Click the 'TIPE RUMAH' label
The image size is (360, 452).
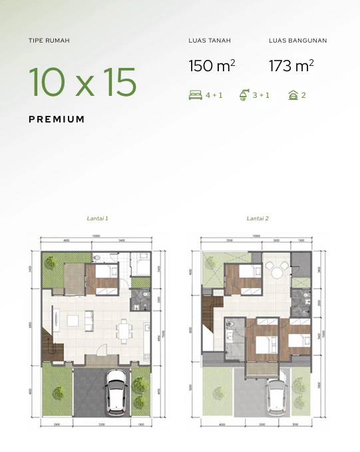coord(49,41)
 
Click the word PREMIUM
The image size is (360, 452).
coord(57,119)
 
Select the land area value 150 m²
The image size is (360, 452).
coord(212,66)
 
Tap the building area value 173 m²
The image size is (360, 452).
coord(291,66)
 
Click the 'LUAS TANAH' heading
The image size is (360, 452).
coord(210,41)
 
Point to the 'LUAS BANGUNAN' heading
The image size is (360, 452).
coord(297,41)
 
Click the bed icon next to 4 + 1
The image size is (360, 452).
coord(196,95)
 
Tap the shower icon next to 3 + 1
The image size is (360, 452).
coord(244,95)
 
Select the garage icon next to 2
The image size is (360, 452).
coord(293,95)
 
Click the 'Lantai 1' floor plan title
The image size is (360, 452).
coord(97,218)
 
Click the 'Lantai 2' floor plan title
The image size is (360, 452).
coord(257,218)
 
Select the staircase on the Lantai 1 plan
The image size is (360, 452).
coord(51,343)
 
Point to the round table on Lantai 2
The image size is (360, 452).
coord(276,268)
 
